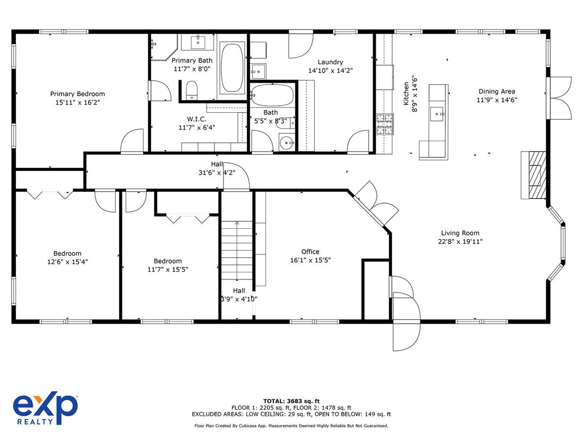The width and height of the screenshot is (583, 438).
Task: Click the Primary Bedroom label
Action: point(77,94)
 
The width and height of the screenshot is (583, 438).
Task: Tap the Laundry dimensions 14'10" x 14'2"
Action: point(330,70)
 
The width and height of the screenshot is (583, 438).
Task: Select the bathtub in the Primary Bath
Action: point(232,68)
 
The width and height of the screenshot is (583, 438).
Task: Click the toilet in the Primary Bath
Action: point(191,90)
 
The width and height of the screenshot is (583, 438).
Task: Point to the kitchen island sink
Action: point(437,114)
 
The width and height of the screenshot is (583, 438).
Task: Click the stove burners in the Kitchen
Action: point(385,124)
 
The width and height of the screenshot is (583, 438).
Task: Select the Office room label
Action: point(310,252)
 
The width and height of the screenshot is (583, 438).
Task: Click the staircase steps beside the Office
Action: point(237,250)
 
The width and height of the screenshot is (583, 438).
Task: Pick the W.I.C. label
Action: point(197,119)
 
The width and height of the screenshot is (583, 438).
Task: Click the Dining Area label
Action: point(497,92)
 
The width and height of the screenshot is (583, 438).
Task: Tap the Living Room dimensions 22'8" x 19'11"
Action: point(460,241)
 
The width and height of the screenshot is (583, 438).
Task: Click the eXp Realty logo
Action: point(45,408)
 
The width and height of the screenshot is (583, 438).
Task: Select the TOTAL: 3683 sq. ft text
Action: point(291,401)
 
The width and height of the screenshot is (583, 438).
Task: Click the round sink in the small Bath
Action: point(287,142)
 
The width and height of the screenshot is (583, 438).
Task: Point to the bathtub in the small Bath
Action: point(272,95)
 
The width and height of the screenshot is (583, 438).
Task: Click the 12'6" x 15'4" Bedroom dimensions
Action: point(67,262)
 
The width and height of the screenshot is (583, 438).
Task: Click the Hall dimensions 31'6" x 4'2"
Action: point(217,173)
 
